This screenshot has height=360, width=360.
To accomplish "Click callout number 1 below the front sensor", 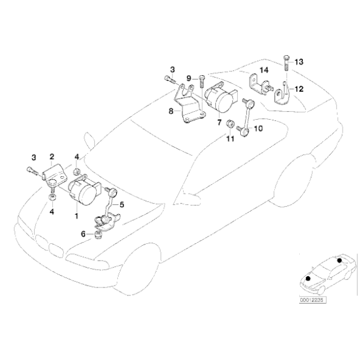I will (x=76, y=215).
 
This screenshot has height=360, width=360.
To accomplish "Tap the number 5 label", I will (x=122, y=204).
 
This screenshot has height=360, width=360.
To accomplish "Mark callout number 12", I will (x=299, y=89).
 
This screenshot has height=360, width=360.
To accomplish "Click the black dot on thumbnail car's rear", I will (x=340, y=262).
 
